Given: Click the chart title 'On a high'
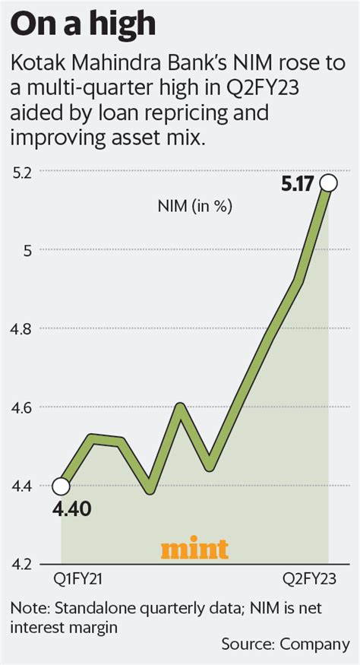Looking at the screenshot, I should [x=84, y=26].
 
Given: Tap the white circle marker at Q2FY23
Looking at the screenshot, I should [x=329, y=183].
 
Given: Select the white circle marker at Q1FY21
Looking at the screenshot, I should [x=62, y=486].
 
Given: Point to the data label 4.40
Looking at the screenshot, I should [x=72, y=508].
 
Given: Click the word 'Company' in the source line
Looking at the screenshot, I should [x=314, y=644].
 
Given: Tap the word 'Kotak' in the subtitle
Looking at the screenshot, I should [x=32, y=62].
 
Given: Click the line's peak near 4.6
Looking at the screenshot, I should [x=180, y=406].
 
